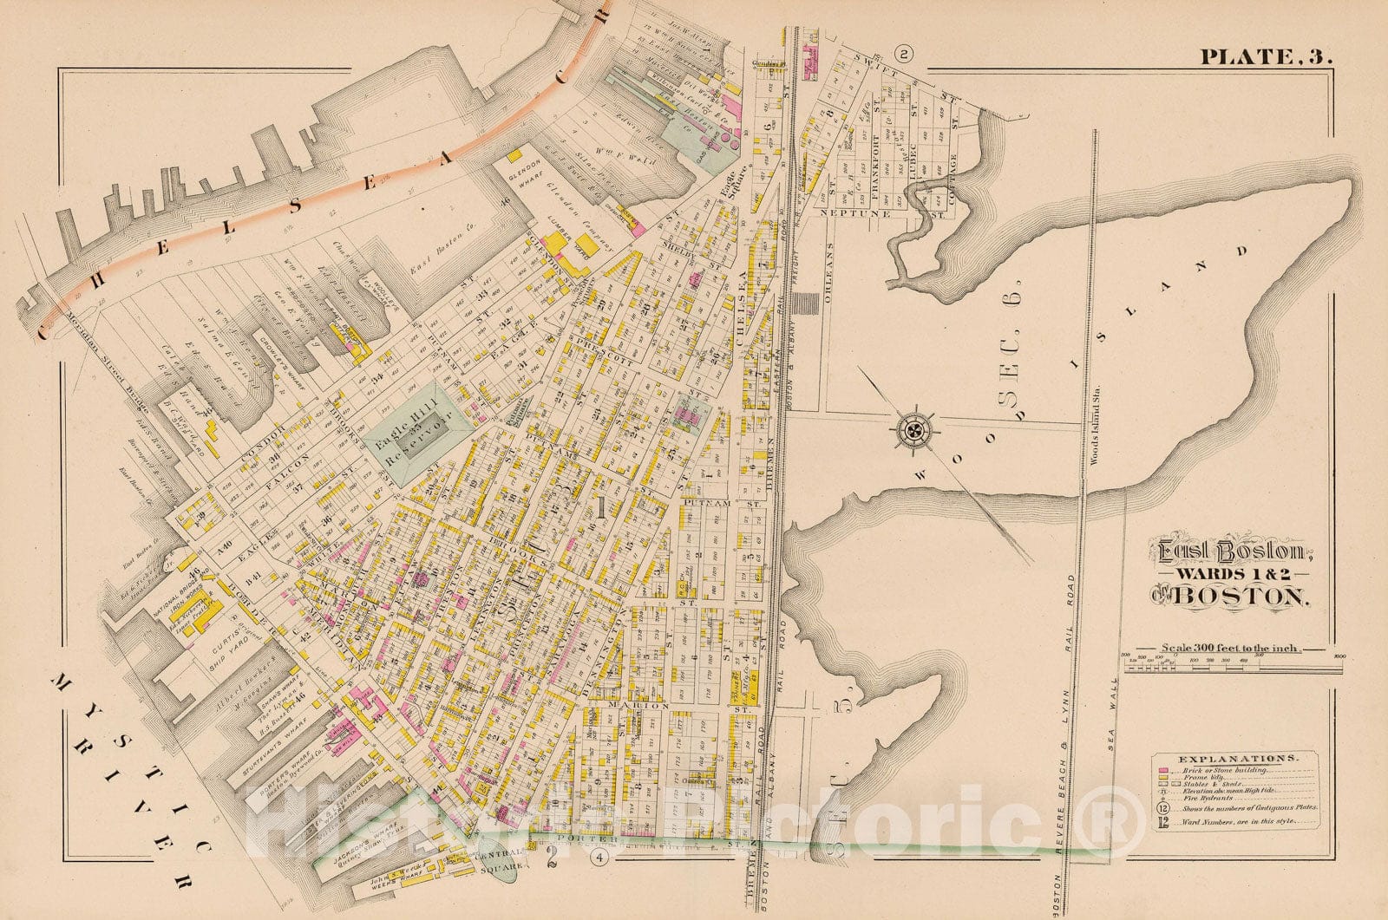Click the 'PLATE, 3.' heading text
tap(1267, 57)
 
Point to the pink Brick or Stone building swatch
tap(1162, 769)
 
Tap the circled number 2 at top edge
tap(904, 55)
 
